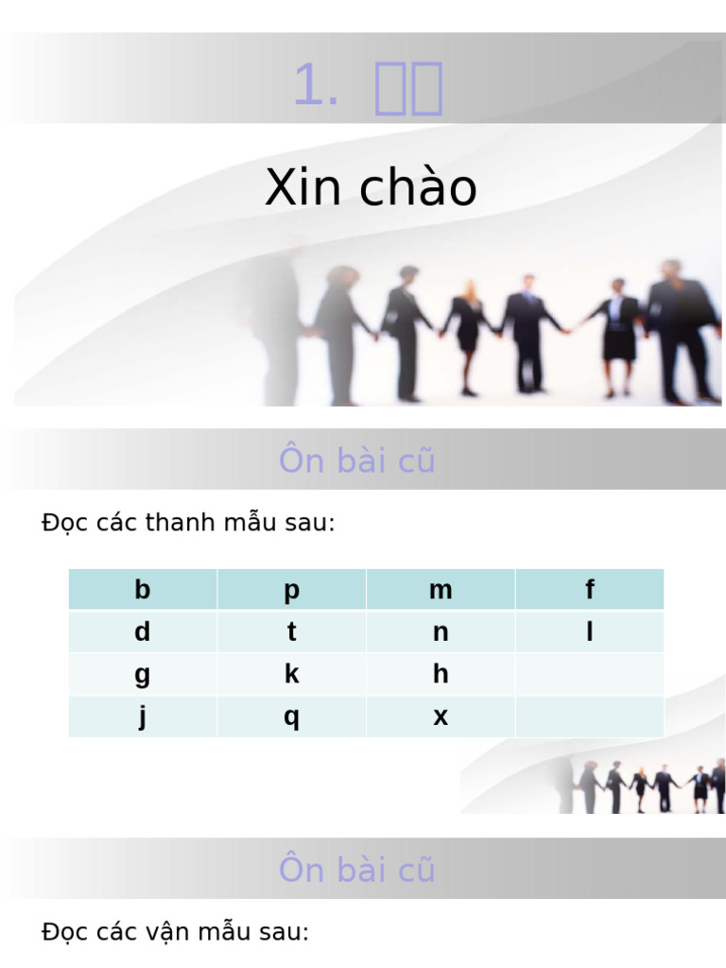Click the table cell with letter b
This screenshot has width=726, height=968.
[143, 590]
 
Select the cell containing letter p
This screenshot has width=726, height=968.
[291, 590]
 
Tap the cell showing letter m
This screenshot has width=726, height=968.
[441, 590]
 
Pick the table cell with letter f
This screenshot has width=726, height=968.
[590, 590]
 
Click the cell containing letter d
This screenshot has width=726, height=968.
[143, 631]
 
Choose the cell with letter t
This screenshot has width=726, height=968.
[291, 631]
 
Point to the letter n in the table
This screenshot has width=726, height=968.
[441, 631]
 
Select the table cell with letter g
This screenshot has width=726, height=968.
[143, 674]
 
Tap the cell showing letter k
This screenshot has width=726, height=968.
[291, 674]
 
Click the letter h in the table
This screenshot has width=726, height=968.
[441, 674]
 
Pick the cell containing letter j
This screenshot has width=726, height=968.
[143, 717]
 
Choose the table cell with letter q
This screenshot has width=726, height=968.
[291, 717]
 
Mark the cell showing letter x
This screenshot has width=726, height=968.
[441, 717]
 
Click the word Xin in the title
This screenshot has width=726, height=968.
[302, 187]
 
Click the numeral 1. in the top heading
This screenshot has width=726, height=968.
[316, 87]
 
